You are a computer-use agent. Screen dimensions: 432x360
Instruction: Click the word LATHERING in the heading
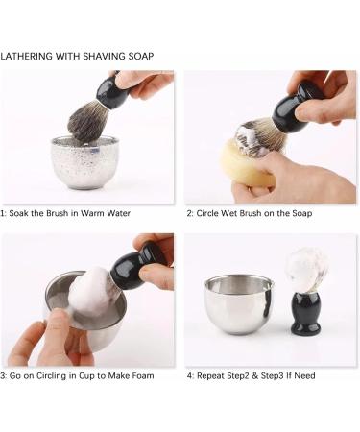coord(29,57)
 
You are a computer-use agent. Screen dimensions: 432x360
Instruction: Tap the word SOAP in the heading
coord(139,57)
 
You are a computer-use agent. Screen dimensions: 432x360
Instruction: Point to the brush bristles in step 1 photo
coord(89,122)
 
